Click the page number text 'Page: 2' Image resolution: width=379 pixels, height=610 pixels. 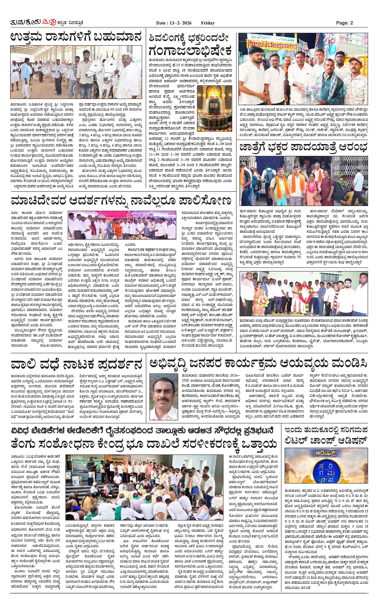pos(344,23)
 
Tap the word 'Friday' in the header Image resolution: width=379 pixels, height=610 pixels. pos(208,23)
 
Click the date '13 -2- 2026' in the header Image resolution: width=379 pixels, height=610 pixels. pos(179,23)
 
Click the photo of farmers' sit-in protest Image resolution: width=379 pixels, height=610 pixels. pos(144,487)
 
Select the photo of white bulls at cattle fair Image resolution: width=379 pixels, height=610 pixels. pos(76,72)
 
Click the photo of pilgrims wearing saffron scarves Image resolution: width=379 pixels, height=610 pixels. pos(304,181)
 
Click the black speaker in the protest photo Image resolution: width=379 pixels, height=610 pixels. pos(91,482)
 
